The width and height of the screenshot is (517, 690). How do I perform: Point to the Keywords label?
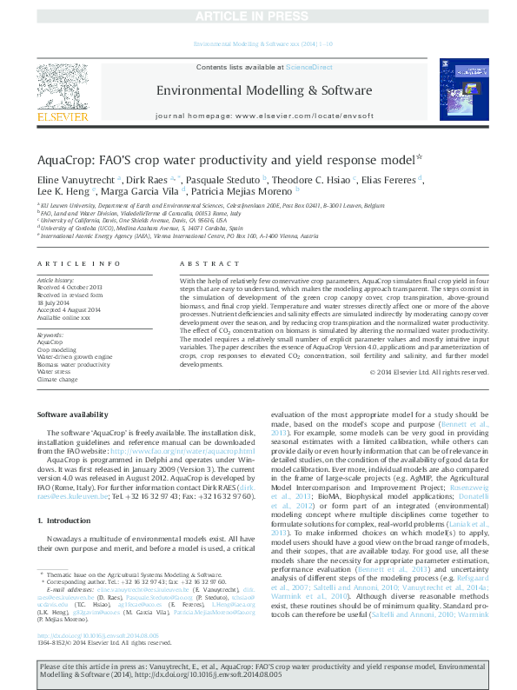[x=50, y=335]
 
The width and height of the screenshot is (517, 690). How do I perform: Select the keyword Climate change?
[x=58, y=380]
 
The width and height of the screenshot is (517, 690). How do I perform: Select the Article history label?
[x=56, y=281]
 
